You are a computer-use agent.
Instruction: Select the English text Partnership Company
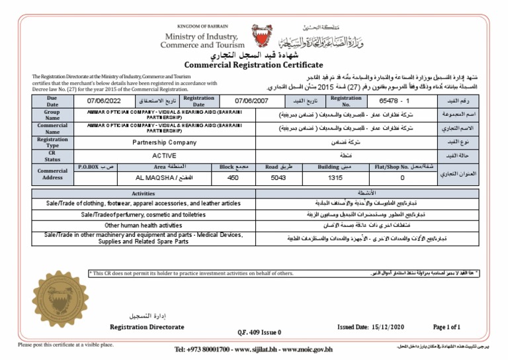pyautogui.click(x=165, y=142)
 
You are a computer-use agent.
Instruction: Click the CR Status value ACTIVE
pyautogui.click(x=165, y=155)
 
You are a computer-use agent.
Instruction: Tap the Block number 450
pyautogui.click(x=233, y=178)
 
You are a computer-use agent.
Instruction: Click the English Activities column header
pyautogui.click(x=143, y=194)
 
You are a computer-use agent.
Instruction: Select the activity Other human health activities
pyautogui.click(x=143, y=225)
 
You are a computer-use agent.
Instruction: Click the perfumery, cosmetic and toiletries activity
pyautogui.click(x=144, y=214)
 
